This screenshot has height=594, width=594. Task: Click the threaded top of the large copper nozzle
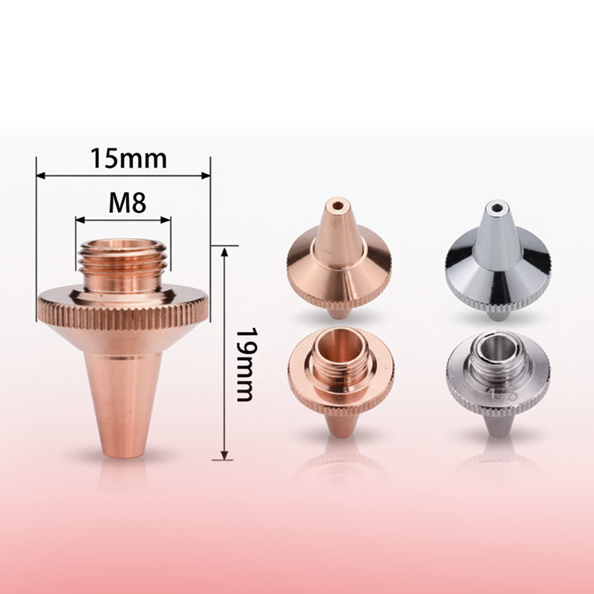tap(123, 265)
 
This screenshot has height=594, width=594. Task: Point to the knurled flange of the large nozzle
tap(123, 315)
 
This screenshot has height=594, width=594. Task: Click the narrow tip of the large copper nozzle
tap(123, 446)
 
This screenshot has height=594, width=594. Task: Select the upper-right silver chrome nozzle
tap(498, 260)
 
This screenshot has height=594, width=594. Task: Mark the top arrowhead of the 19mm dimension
tap(224, 249)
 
